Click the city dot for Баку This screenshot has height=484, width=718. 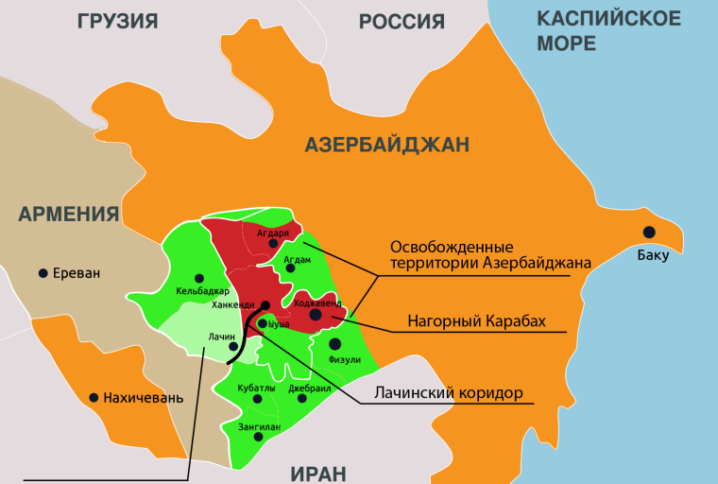pyautogui.click(x=649, y=233)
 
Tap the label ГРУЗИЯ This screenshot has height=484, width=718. pyautogui.click(x=118, y=21)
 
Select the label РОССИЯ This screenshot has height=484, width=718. pyautogui.click(x=402, y=21)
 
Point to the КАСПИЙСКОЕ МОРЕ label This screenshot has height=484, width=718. pyautogui.click(x=608, y=30)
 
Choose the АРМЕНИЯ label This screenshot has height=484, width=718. pyautogui.click(x=69, y=214)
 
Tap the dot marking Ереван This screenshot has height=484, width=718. pyautogui.click(x=43, y=273)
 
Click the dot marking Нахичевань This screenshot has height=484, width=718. pyautogui.click(x=94, y=398)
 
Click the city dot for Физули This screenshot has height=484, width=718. pyautogui.click(x=335, y=343)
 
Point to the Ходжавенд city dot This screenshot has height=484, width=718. pyautogui.click(x=316, y=316)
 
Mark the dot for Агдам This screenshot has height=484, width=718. pyautogui.click(x=290, y=268)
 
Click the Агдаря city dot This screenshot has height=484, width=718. pyautogui.click(x=274, y=243)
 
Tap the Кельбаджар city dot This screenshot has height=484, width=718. pyautogui.click(x=202, y=279)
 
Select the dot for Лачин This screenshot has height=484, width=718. pyautogui.click(x=233, y=346)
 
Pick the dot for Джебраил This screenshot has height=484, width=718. pyautogui.click(x=302, y=398)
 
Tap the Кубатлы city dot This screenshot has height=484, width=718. pyautogui.click(x=256, y=399)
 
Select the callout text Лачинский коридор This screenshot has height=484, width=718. pyautogui.click(x=448, y=392)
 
